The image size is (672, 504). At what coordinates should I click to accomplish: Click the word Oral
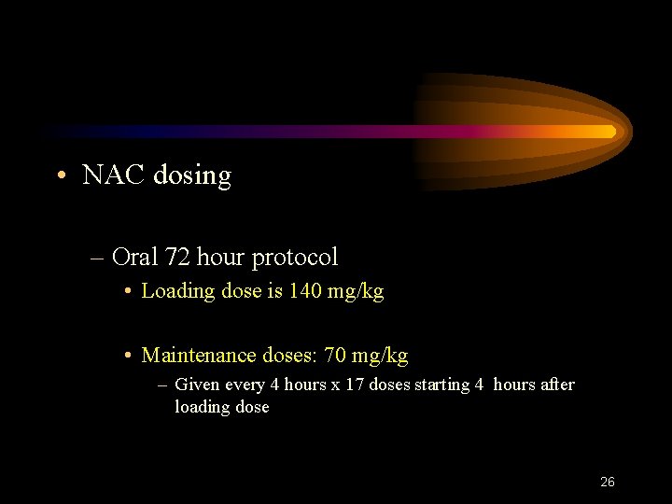134,257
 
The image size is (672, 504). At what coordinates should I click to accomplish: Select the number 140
305,291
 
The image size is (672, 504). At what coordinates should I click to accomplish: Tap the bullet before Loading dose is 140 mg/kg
128,292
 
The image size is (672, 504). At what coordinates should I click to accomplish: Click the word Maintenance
198,356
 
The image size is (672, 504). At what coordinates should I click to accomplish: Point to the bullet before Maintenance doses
128,357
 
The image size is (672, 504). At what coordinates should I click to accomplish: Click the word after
557,385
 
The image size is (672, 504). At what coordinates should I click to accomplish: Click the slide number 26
607,483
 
